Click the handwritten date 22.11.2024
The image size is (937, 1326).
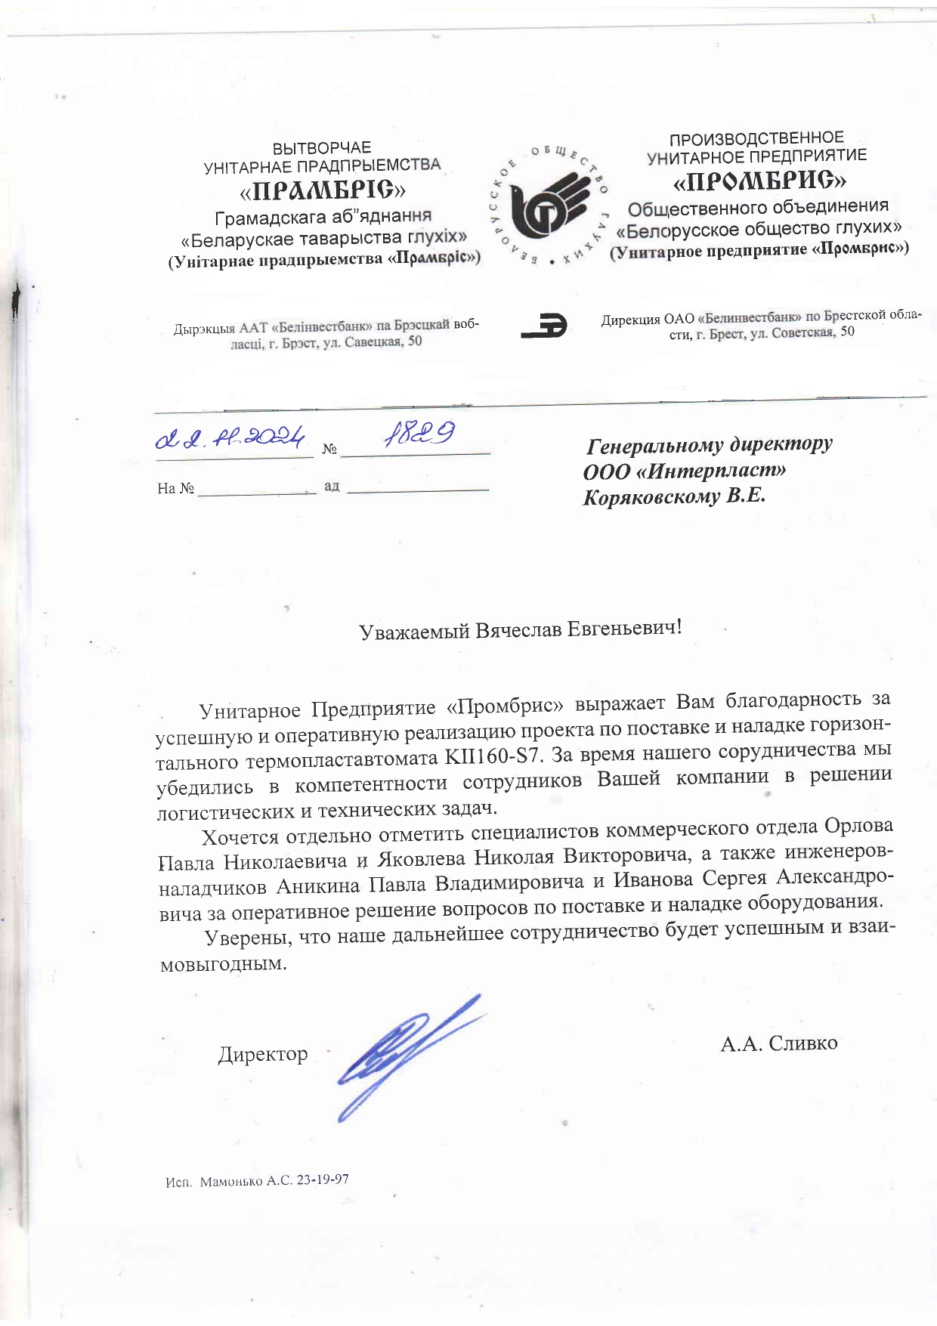tap(230, 437)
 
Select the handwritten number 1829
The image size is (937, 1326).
tap(419, 434)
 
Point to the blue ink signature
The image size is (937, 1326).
tap(404, 1053)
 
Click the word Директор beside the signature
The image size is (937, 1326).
tap(263, 1054)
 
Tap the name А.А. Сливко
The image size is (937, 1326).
tap(778, 1043)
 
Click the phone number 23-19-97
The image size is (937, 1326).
tap(323, 1179)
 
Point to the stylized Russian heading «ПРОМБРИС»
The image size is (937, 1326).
tap(759, 181)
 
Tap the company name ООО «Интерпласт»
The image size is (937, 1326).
tap(684, 471)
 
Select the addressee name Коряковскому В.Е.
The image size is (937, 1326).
tap(674, 497)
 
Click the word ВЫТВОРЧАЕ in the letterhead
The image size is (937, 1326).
tap(322, 147)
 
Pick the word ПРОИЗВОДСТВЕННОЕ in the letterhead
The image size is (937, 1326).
tap(756, 138)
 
